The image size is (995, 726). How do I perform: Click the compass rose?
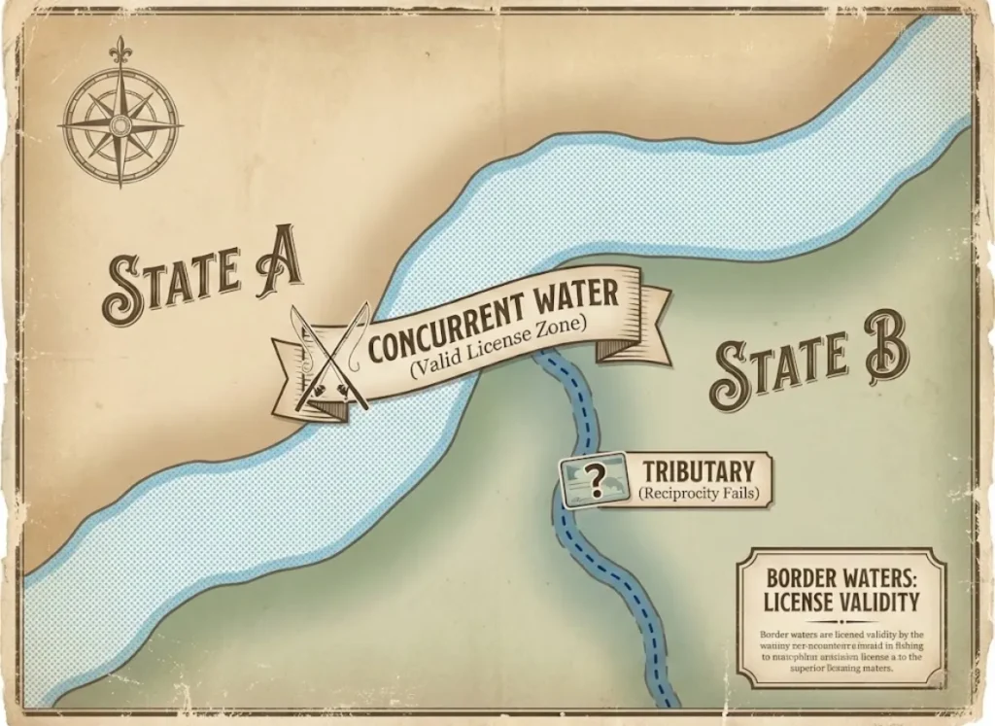coord(120,123)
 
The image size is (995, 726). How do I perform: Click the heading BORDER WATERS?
coord(841,576)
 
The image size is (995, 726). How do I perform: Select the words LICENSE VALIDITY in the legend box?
coord(841,600)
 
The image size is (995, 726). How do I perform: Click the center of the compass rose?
coord(120,124)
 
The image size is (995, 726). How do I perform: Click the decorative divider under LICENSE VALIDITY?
coord(841,621)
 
